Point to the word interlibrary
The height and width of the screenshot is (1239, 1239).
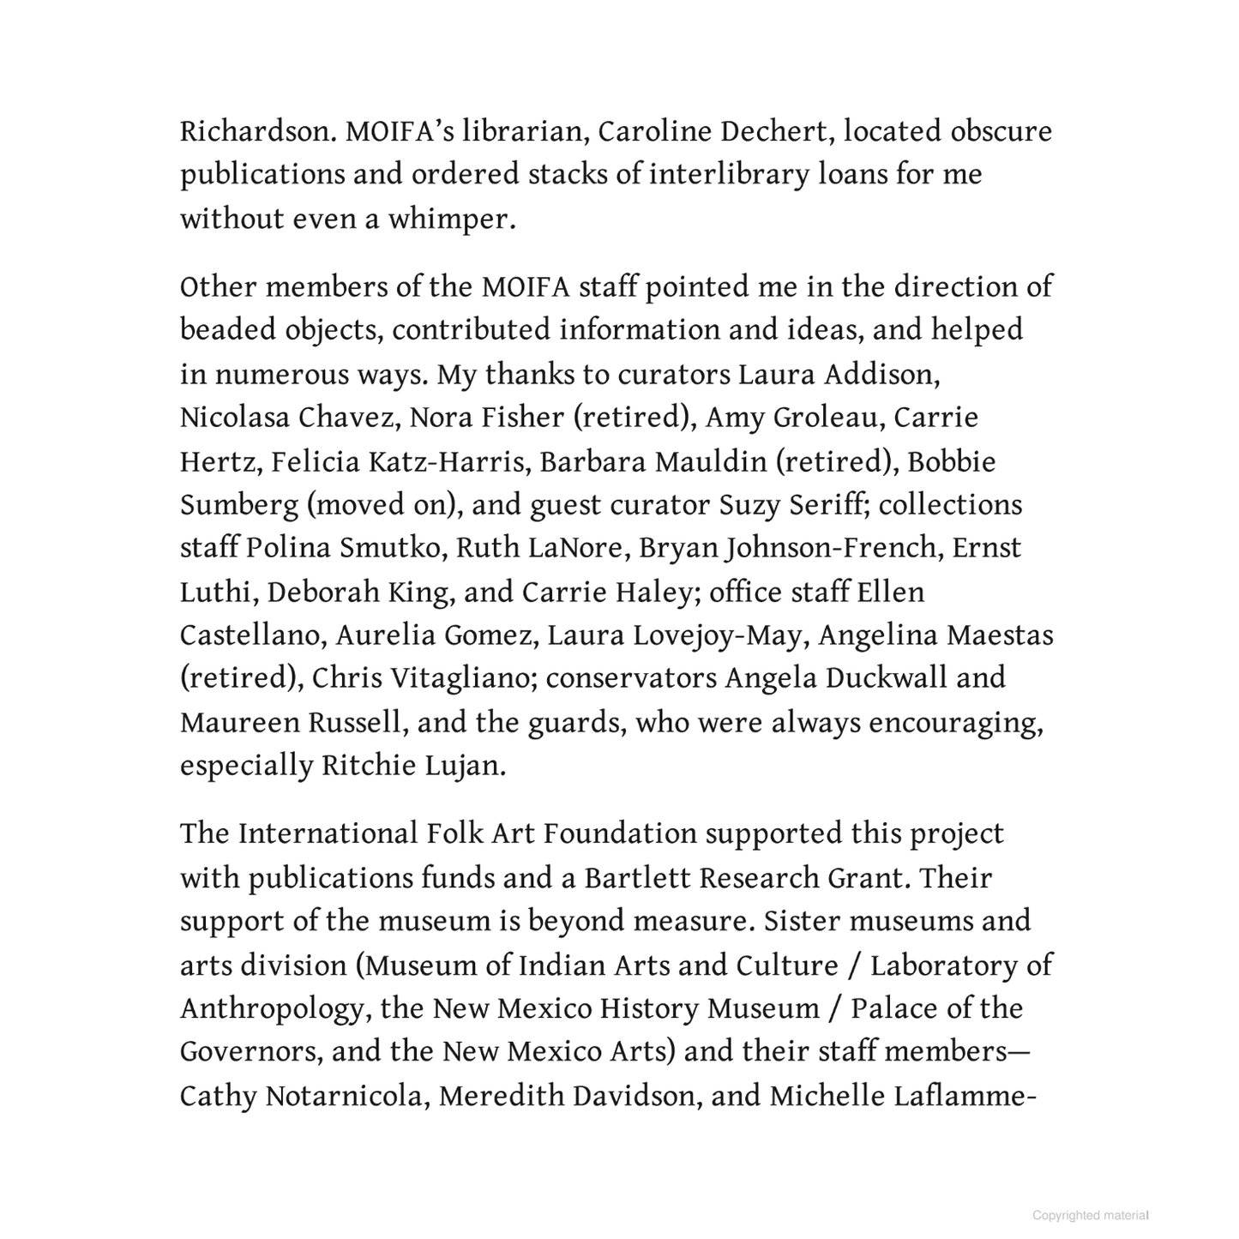729,175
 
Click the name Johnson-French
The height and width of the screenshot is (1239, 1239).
830,549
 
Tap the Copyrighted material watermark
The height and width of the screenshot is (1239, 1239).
1090,1215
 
